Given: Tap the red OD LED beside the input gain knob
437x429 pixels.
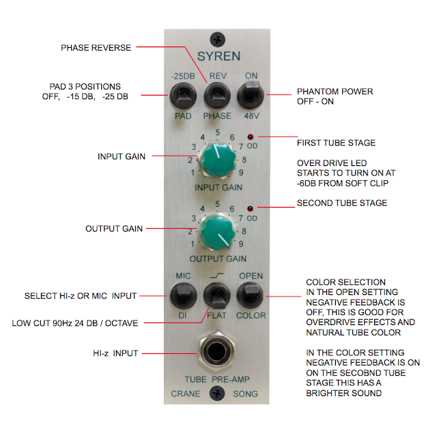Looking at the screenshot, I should (x=251, y=137).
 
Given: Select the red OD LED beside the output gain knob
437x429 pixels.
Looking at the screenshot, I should (x=251, y=207).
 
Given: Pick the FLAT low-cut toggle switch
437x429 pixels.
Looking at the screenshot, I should (x=218, y=296).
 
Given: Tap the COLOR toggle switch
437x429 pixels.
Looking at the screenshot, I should (x=251, y=295).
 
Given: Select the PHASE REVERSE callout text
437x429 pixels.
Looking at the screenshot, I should (x=96, y=48).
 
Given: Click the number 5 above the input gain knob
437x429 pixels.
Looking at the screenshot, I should (x=218, y=133).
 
